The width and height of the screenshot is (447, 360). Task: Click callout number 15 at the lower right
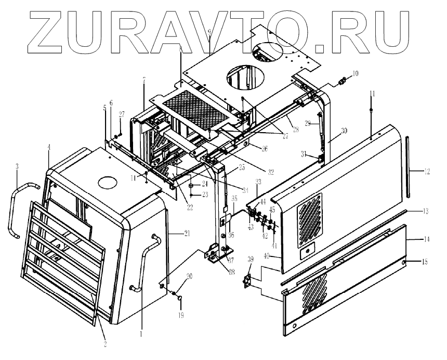425,261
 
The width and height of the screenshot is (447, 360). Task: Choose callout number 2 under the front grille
104,344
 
